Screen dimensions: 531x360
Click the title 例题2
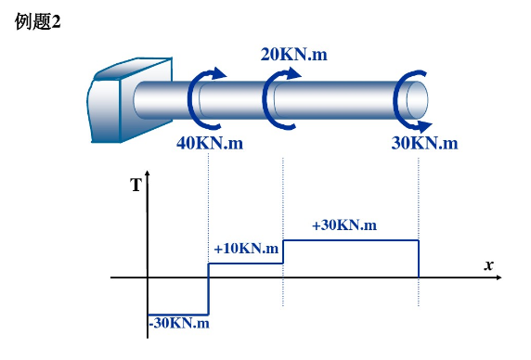tap(37, 21)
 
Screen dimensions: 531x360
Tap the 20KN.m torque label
tap(294, 55)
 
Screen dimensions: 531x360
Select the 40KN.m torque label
tap(210, 143)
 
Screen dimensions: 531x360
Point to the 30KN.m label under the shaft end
tap(424, 143)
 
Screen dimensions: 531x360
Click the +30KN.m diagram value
tap(344, 225)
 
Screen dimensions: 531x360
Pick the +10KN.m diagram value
tap(246, 249)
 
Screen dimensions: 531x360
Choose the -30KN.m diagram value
tap(179, 323)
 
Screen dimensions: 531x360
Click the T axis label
tap(136, 185)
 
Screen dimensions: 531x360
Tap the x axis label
tap(488, 265)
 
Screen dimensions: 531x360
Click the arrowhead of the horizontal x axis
tap(499, 277)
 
